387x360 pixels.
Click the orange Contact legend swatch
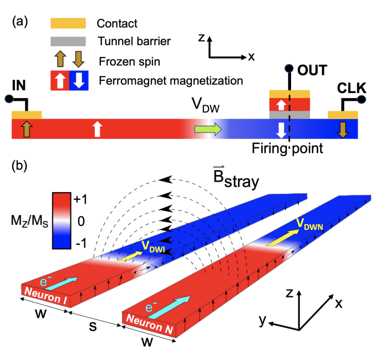pos(68,23)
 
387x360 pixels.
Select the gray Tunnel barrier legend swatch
pos(68,41)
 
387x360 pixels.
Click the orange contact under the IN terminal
pos(26,115)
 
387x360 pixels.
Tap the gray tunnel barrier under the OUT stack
pos(289,115)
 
